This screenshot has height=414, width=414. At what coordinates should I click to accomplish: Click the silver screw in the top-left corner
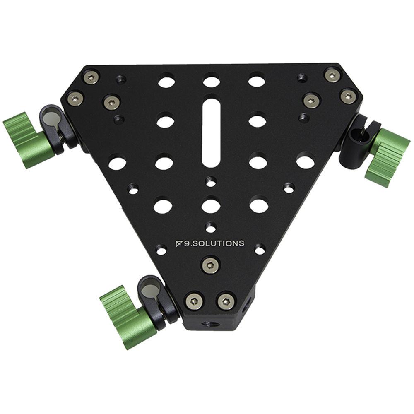91,77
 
